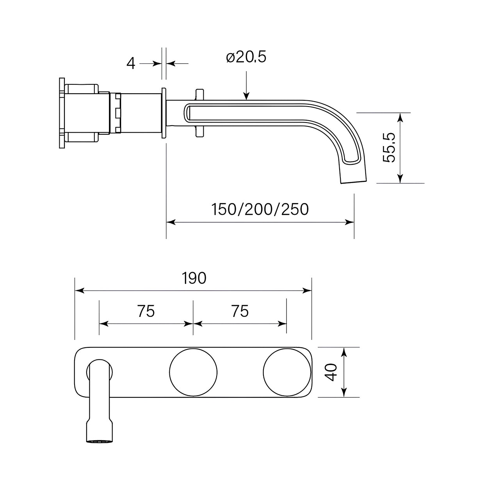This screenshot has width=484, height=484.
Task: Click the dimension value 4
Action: click(x=131, y=63)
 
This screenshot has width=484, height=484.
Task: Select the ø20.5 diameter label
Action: click(x=246, y=57)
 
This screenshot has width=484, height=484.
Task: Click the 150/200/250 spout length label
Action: click(x=260, y=209)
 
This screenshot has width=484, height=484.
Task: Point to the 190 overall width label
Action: click(x=194, y=278)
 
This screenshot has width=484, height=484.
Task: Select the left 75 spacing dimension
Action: click(x=146, y=311)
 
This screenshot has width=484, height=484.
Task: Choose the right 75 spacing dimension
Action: click(x=240, y=311)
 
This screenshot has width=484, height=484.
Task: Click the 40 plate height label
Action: click(x=331, y=372)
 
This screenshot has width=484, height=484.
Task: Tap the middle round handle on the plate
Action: click(x=193, y=372)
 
